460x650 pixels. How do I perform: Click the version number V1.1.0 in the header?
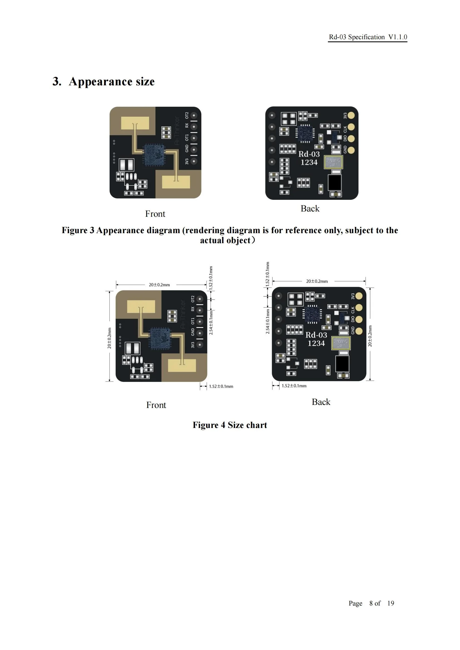pos(397,37)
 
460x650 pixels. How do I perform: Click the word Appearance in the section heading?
pos(100,81)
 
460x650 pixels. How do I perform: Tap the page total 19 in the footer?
pos(390,603)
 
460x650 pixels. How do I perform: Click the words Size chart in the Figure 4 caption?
pos(247,425)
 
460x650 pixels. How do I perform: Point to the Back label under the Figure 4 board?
pos(321,402)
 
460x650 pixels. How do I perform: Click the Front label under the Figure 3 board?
pos(155,214)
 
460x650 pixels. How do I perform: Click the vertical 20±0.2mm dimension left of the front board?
pos(109,338)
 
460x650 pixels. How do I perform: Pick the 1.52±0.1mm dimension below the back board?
pos(294,386)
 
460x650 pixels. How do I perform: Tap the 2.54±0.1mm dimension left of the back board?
pos(268,321)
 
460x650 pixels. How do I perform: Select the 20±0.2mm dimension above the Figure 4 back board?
pos(317,281)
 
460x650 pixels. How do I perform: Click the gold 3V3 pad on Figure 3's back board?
pos(351,115)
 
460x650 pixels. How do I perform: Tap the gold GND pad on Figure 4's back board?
pos(359,331)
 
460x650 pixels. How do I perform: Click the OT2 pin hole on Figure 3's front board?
pos(194,116)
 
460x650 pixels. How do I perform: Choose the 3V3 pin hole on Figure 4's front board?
pos(200,345)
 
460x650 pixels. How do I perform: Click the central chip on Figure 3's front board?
pos(154,155)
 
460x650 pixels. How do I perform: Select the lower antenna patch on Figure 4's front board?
pos(182,365)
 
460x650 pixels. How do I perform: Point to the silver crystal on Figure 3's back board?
pos(333,162)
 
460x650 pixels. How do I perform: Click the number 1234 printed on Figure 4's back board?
pos(316,343)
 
